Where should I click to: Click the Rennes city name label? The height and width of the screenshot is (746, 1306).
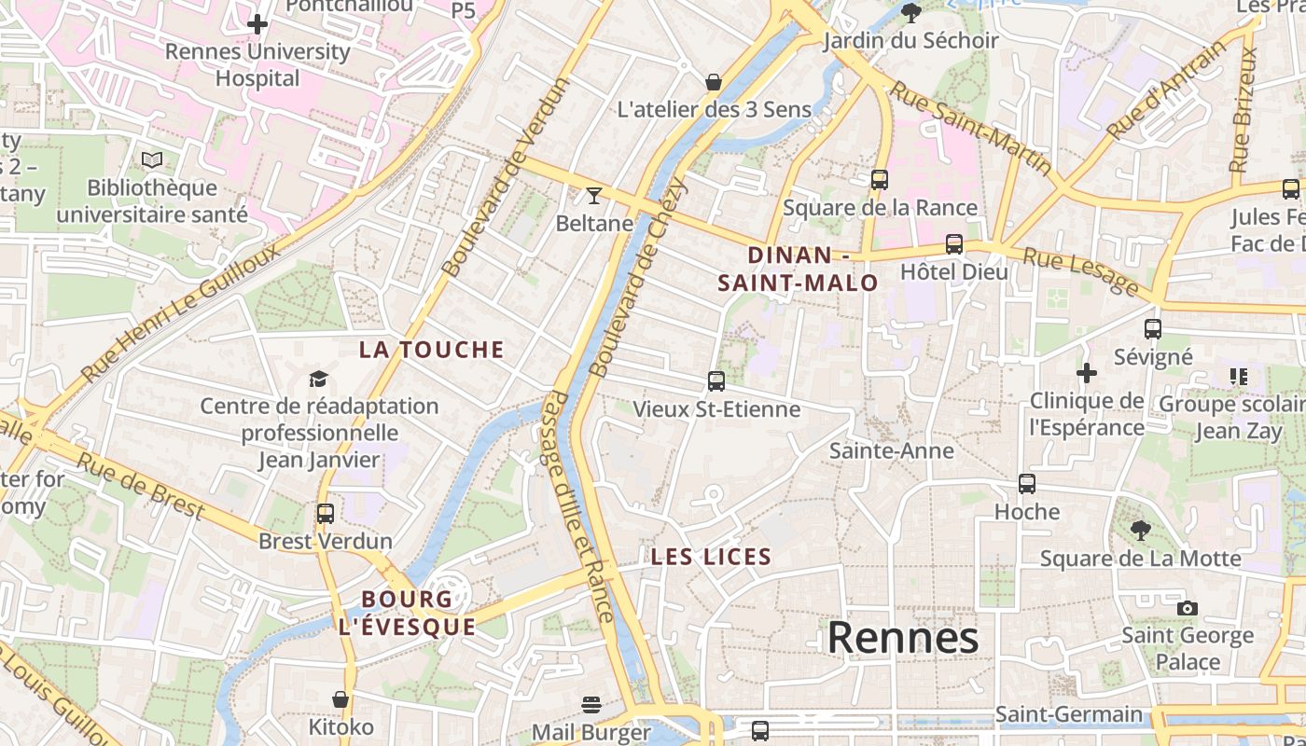pos(903,638)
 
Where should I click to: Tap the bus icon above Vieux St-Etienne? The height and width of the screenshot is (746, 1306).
pos(716,380)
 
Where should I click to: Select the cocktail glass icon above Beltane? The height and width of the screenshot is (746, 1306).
pos(593,195)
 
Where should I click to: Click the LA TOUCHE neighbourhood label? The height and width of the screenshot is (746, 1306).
pos(432,350)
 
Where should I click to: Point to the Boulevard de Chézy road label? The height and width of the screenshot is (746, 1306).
pos(640,277)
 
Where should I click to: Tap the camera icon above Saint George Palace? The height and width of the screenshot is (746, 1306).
pos(1187,608)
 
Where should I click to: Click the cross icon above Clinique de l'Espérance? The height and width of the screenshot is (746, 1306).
pos(1087,373)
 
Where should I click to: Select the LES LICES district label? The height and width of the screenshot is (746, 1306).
pos(711,558)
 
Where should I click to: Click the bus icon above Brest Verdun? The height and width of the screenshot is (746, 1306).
pos(325,513)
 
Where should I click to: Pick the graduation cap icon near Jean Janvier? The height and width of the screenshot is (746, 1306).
pos(319,378)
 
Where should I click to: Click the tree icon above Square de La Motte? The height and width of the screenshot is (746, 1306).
pos(1140,531)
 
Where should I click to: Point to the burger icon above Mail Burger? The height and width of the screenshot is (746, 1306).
pos(591,704)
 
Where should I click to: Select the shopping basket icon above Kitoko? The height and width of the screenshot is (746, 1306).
pos(340,698)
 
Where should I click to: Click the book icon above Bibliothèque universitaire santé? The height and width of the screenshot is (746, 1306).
pos(152,159)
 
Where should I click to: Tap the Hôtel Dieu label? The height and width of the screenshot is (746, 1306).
pos(954,272)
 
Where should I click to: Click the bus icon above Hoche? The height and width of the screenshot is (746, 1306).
pos(1027,483)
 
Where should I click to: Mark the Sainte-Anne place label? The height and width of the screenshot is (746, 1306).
pos(892,451)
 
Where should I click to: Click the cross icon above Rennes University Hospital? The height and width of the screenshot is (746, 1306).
pos(257,23)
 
